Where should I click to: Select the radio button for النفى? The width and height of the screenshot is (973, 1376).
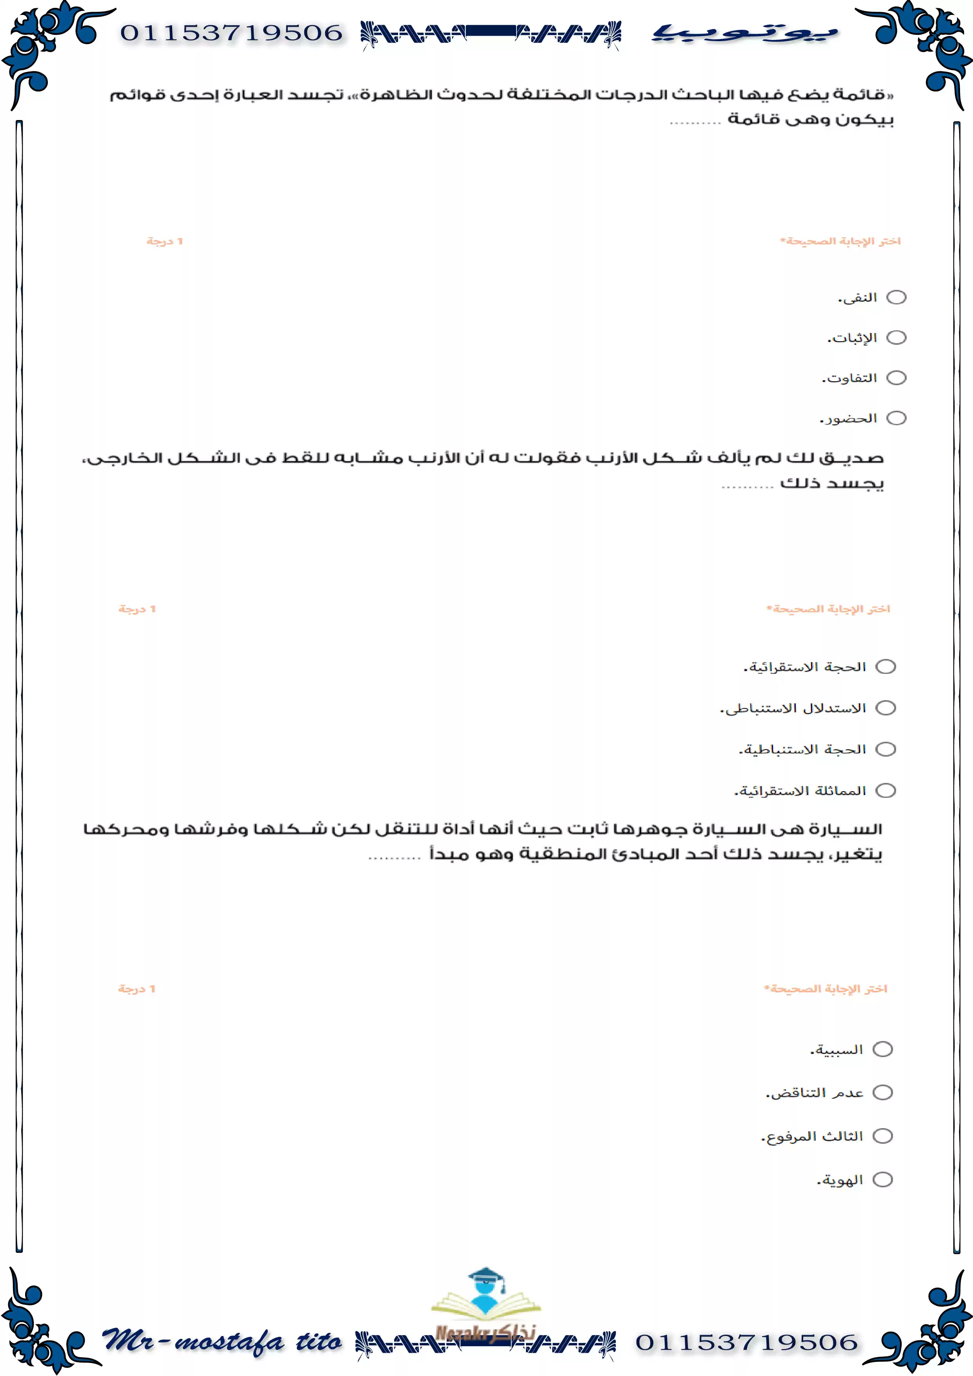pos(896,297)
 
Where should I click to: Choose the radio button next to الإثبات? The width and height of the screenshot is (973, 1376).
pos(896,337)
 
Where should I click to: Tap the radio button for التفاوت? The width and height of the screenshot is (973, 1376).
pos(896,378)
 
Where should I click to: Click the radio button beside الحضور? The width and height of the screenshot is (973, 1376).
pos(896,418)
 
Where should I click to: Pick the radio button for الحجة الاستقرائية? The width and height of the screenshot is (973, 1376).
pos(886,666)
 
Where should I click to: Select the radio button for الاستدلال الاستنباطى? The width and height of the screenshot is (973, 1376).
pos(886,708)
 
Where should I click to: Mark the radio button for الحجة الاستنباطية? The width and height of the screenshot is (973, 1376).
pos(886,749)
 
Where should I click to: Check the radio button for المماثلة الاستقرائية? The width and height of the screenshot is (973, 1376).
pos(886,790)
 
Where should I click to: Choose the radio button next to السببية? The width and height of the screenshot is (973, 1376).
pos(882,1049)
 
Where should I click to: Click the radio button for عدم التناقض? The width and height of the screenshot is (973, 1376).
pos(882,1092)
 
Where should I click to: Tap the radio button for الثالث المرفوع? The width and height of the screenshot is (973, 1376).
pos(882,1136)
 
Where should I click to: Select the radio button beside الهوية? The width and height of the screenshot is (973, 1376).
pos(882,1179)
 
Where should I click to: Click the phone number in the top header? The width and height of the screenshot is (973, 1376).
pos(231,33)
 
